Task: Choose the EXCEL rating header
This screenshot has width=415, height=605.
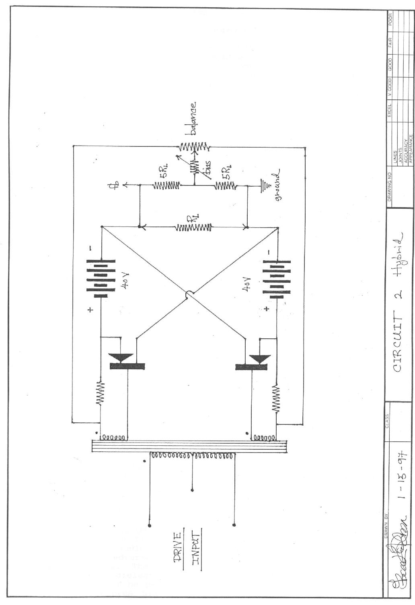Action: click(x=390, y=110)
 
